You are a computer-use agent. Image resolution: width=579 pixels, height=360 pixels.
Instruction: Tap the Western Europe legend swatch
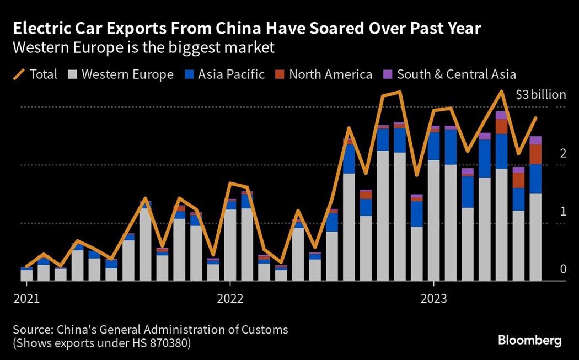[72, 74]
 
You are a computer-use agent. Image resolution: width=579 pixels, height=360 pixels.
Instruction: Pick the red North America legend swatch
[279, 74]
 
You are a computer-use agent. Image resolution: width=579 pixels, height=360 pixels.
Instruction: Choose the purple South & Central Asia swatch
[388, 74]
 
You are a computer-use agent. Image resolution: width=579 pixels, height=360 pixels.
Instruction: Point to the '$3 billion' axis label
[540, 95]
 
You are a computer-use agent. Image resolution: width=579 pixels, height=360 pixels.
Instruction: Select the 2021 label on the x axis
[26, 299]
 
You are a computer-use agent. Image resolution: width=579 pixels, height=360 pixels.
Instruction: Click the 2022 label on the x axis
[230, 299]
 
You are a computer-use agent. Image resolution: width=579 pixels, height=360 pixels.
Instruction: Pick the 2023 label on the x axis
[433, 299]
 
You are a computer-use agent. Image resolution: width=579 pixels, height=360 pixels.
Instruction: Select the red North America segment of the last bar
[535, 154]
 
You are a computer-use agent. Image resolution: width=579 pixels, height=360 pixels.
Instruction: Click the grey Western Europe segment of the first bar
[26, 275]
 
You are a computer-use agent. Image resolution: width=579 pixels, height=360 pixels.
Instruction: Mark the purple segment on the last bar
[535, 140]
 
